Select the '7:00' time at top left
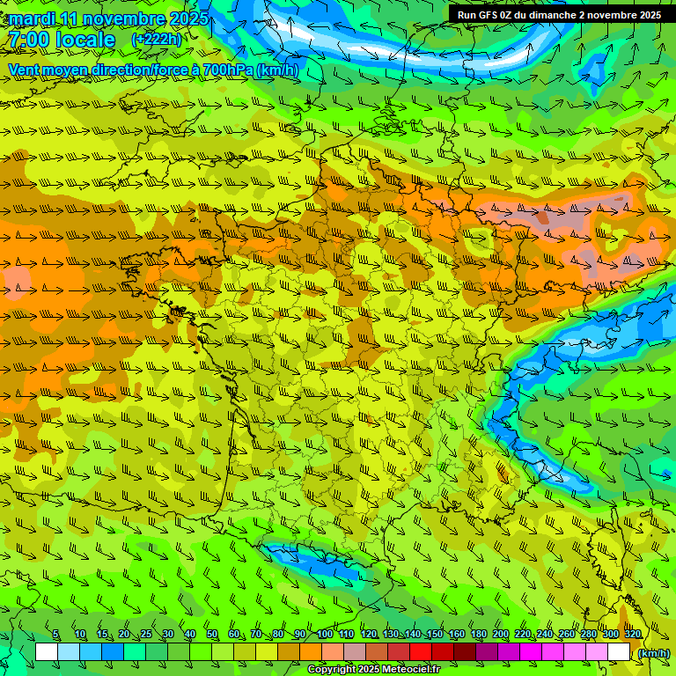coord(28,40)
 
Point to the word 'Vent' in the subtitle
coord(26,70)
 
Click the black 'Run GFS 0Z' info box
coord(559,14)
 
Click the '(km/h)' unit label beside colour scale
coord(652,652)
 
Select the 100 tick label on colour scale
coord(325,635)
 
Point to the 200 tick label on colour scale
coord(501,635)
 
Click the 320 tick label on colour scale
coord(633,635)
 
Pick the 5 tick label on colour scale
coord(55,635)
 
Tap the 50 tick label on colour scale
coord(212,635)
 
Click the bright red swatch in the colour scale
coord(420,652)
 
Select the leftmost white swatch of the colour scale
coord(47,652)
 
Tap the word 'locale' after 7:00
coord(85,40)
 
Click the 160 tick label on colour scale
coord(457,635)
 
